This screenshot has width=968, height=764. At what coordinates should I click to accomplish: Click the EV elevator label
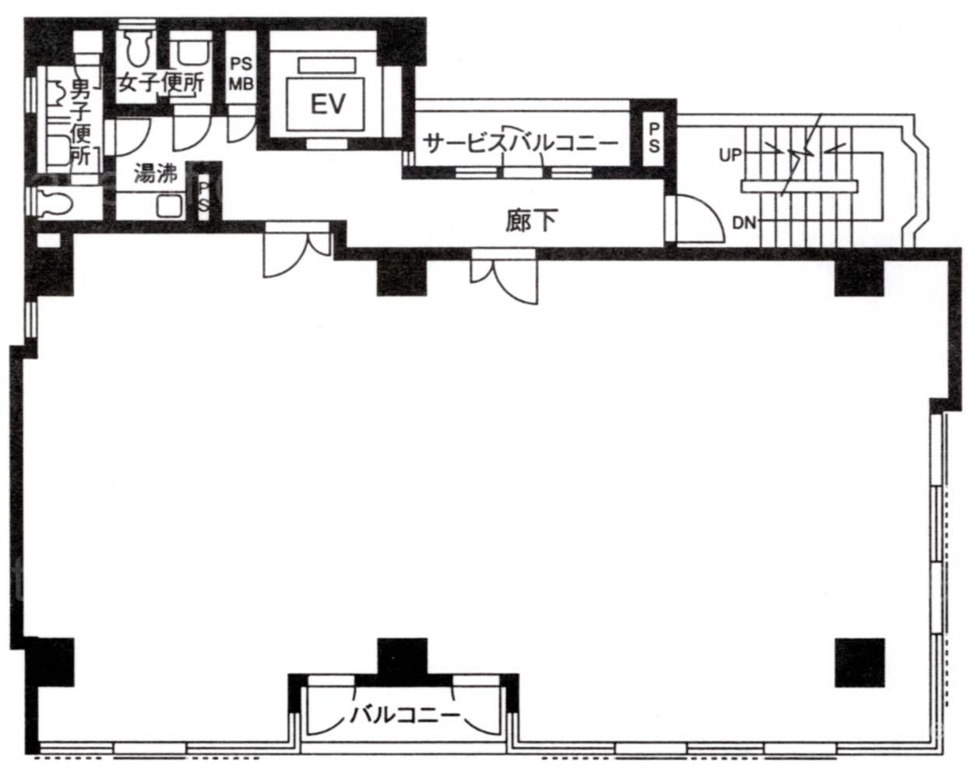click(x=328, y=104)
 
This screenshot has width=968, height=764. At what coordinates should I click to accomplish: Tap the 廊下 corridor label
click(x=531, y=220)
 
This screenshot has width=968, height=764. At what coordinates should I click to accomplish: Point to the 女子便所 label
click(x=161, y=83)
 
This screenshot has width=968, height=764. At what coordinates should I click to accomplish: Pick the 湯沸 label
click(x=156, y=172)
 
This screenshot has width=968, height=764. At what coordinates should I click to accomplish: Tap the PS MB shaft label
click(x=241, y=74)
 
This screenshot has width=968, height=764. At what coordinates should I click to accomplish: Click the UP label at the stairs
click(x=730, y=155)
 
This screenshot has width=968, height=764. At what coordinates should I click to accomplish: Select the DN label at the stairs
click(x=744, y=223)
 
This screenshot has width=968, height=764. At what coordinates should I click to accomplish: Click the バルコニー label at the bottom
click(x=405, y=715)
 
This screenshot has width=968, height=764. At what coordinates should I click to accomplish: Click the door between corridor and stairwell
click(x=695, y=219)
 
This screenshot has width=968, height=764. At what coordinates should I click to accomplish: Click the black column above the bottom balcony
click(x=402, y=657)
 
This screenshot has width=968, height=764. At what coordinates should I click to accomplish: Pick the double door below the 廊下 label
click(x=504, y=276)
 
